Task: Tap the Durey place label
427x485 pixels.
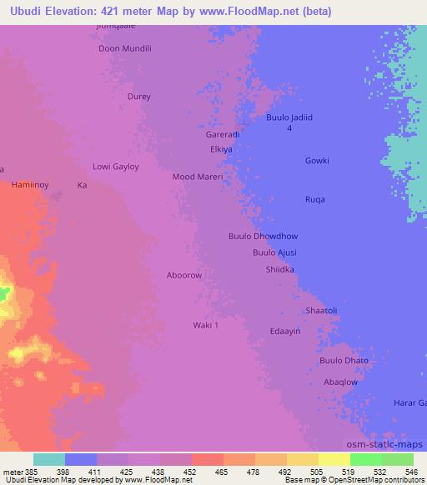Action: pyautogui.click(x=139, y=97)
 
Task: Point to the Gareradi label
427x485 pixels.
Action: pyautogui.click(x=223, y=134)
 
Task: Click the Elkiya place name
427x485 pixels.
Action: pyautogui.click(x=221, y=149)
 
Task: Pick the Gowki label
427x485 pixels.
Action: pyautogui.click(x=317, y=161)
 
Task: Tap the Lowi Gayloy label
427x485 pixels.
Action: pyautogui.click(x=115, y=167)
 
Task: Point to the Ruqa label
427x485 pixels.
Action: pyautogui.click(x=315, y=199)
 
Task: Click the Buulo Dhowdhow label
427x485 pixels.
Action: pyautogui.click(x=263, y=237)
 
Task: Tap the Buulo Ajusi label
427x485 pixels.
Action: pyautogui.click(x=274, y=252)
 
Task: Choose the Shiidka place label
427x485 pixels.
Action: pyautogui.click(x=279, y=269)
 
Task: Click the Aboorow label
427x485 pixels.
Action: pyautogui.click(x=184, y=275)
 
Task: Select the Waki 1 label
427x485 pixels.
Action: pyautogui.click(x=205, y=325)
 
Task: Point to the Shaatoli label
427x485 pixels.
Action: pyautogui.click(x=321, y=311)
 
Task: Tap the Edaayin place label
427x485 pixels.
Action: pyautogui.click(x=284, y=331)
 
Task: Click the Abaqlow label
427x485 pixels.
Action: pyautogui.click(x=340, y=382)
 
